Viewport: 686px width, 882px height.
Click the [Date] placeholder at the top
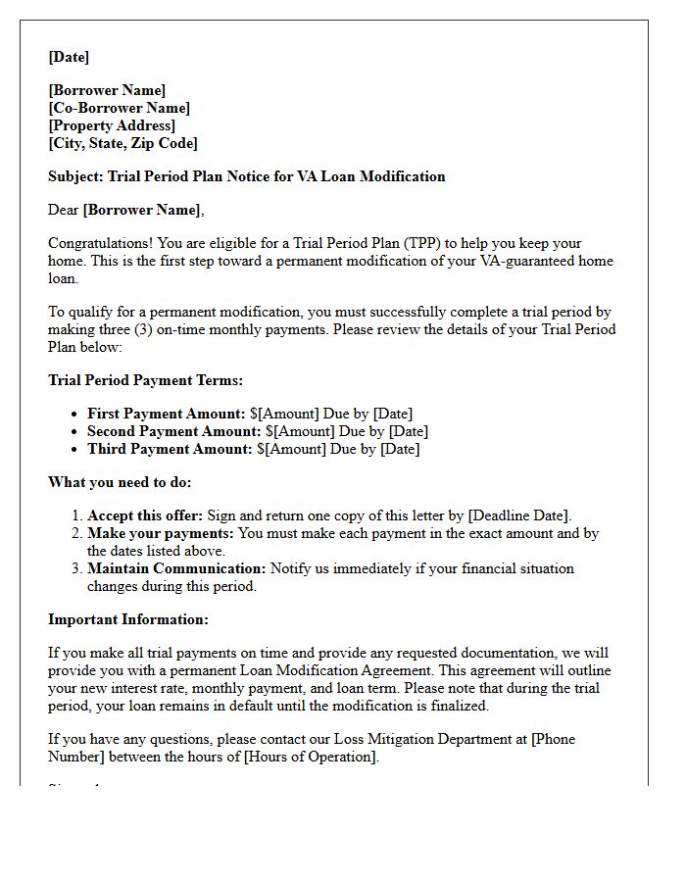tap(69, 57)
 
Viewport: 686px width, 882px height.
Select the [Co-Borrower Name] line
tap(120, 108)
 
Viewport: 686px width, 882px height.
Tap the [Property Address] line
tap(112, 125)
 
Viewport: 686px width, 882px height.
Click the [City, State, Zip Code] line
tap(122, 143)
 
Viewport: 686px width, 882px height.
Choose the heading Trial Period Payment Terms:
tap(145, 380)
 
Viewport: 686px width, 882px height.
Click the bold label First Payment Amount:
tap(167, 414)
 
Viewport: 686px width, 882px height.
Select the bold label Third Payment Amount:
tap(170, 449)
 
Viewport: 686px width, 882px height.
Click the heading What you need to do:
tap(120, 482)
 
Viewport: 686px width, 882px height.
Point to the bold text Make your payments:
tap(161, 534)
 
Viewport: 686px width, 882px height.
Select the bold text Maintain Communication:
tap(176, 568)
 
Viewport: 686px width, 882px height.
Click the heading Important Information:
tap(128, 619)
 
